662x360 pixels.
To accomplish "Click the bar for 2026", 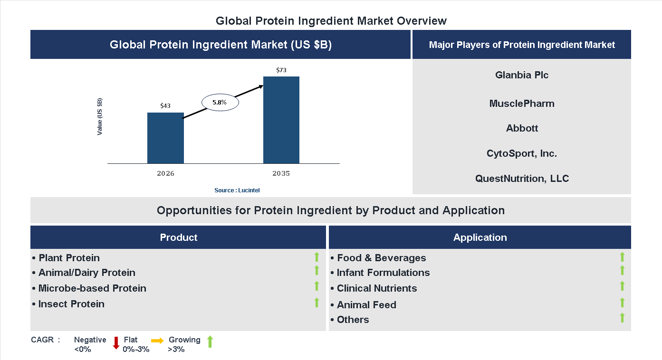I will (165, 138).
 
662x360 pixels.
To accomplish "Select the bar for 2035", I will (281, 120).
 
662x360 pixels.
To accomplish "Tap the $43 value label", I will (165, 106).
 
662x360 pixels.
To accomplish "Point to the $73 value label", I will (281, 70).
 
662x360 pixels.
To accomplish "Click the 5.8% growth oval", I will (220, 102).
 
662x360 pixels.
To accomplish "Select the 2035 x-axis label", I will (281, 173).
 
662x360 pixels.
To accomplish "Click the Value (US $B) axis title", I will (100, 116).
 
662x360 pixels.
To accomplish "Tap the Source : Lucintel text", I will (237, 190).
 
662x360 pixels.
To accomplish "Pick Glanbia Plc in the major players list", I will (522, 75).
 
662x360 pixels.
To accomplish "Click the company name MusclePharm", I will (522, 104).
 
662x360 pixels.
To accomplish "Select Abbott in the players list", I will (522, 128).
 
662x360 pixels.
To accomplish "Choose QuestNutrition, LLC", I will (522, 179).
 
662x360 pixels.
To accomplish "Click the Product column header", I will (178, 237).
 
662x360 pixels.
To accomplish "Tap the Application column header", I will (480, 237).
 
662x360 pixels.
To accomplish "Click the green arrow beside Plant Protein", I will (317, 257).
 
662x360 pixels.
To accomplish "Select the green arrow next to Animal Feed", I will (622, 303).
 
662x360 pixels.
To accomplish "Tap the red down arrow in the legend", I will (116, 343).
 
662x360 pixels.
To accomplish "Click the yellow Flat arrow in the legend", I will (157, 341).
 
